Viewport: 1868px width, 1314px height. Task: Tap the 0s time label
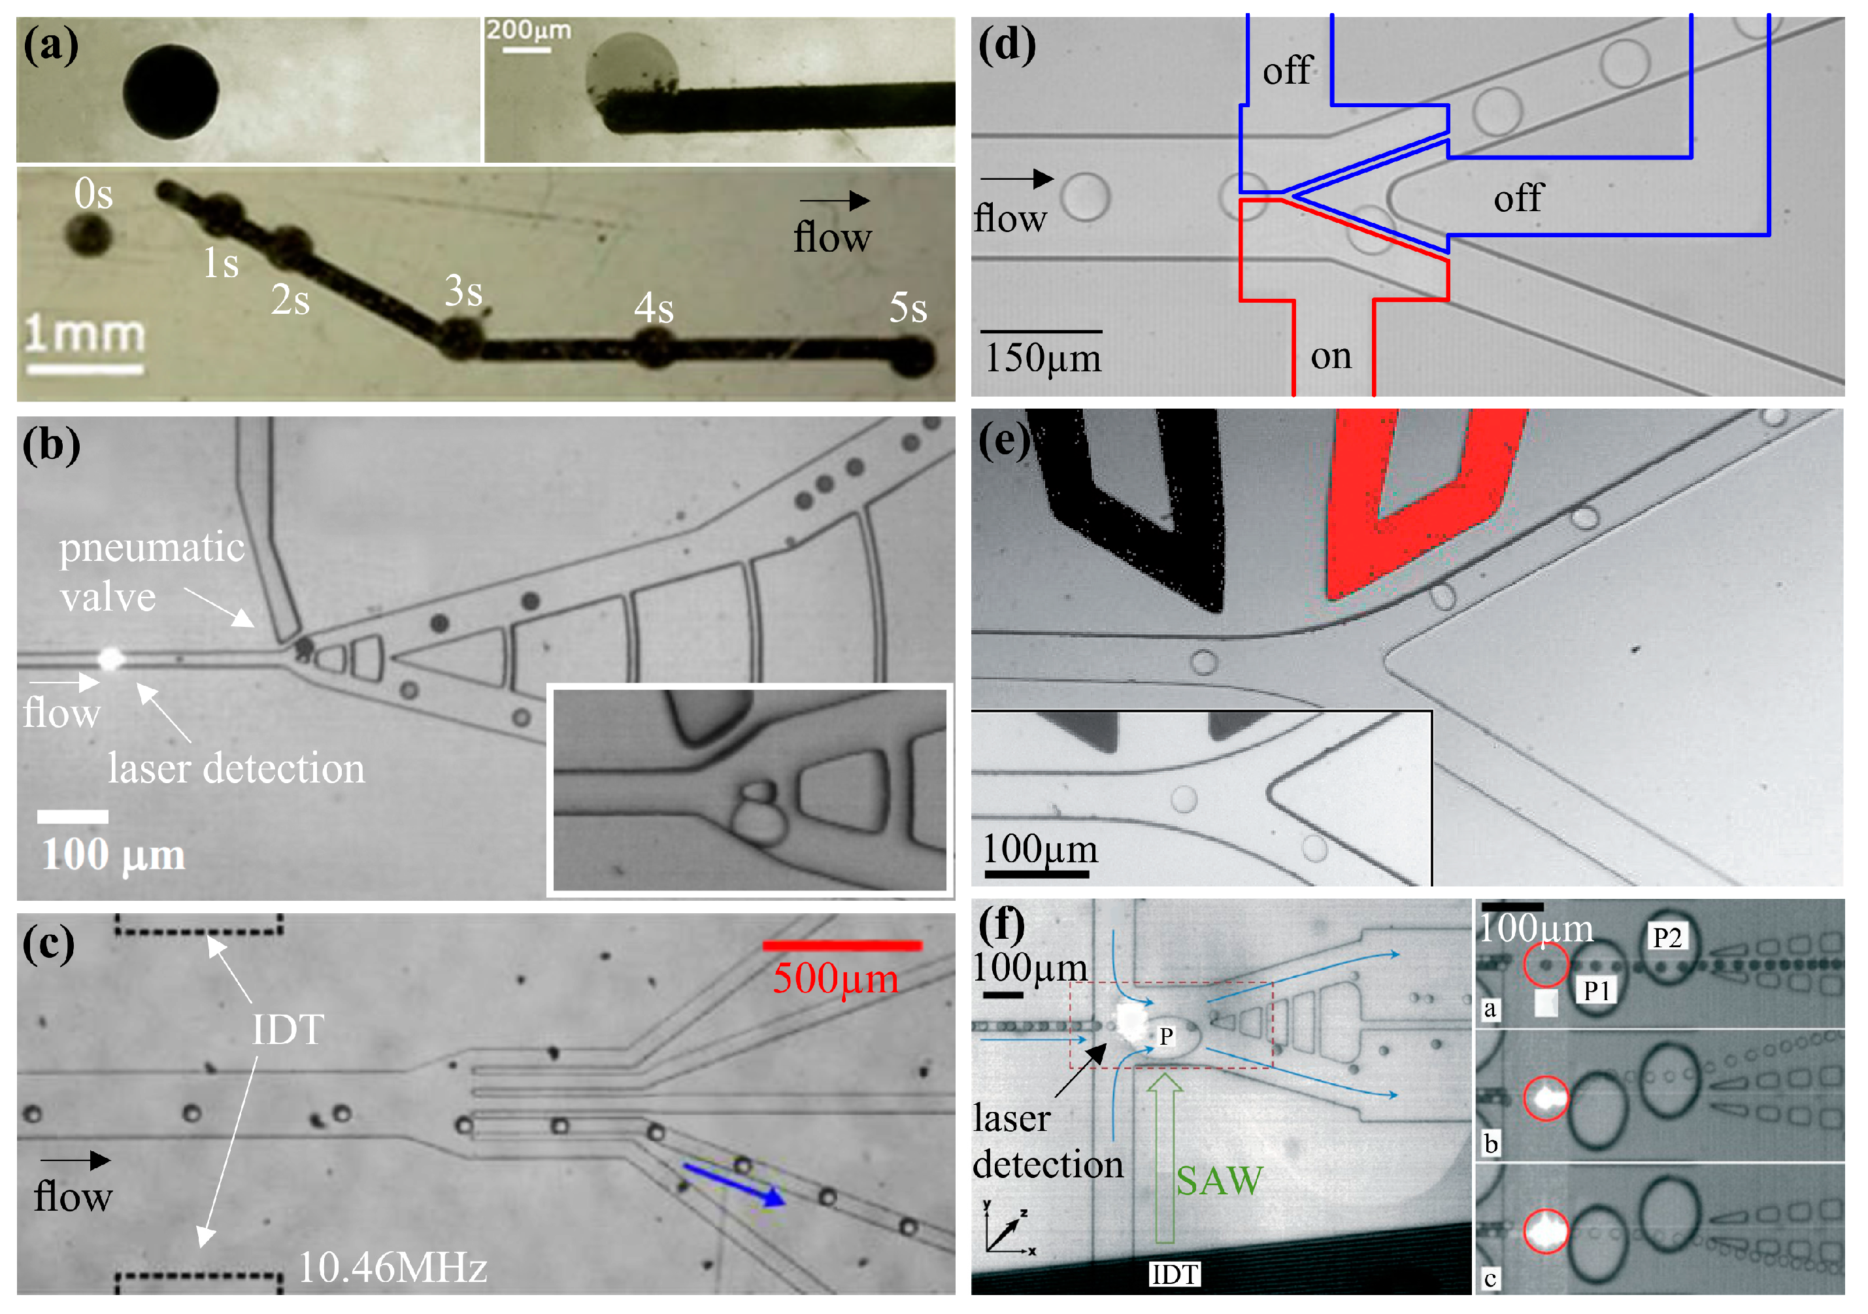click(93, 194)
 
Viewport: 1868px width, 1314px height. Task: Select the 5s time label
click(907, 307)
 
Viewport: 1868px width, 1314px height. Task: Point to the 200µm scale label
click(528, 30)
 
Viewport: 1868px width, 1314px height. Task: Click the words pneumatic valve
click(152, 571)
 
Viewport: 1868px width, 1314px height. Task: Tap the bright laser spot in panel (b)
click(110, 658)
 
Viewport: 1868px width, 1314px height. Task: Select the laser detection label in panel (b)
click(236, 768)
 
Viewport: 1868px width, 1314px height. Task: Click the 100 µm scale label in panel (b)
click(113, 854)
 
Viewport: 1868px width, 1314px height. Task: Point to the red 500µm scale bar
click(842, 945)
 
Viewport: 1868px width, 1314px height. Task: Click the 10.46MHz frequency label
click(393, 1267)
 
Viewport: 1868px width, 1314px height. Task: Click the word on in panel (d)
click(1331, 356)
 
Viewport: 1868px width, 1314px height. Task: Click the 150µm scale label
click(1043, 358)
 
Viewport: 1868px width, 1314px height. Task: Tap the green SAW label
click(1219, 1181)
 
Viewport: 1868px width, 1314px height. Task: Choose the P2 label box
click(1666, 937)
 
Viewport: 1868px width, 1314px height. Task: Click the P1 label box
click(1596, 990)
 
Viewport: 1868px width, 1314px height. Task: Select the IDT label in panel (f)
click(1174, 1274)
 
